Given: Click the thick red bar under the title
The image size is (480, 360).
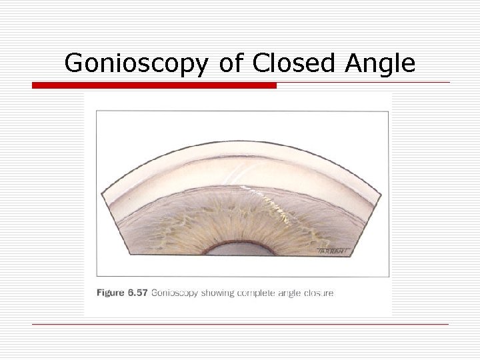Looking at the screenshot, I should (154, 85).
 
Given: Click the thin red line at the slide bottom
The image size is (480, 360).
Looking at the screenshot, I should (240, 325).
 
